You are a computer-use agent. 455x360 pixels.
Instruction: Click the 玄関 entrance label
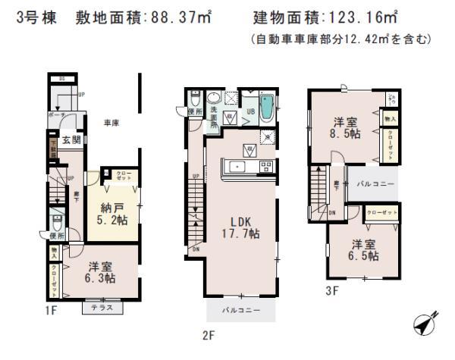pos(71,139)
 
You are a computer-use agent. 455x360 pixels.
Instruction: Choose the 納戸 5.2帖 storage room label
pos(112,211)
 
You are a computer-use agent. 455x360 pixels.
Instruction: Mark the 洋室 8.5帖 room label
pos(347,127)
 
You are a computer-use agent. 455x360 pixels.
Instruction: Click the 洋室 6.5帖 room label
pos(365,250)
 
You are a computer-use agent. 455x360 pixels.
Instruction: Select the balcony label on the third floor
pos(373,184)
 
